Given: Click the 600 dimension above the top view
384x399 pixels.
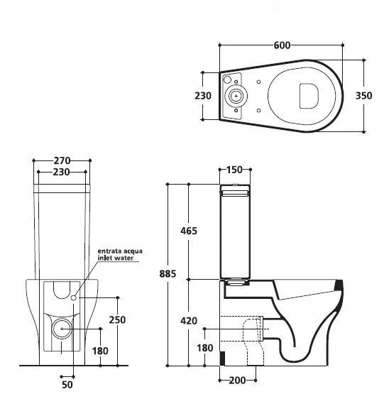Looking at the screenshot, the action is coord(282,45).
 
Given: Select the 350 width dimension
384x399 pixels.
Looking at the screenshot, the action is coord(363,96).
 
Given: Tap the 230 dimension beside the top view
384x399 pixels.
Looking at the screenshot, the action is coord(203,96).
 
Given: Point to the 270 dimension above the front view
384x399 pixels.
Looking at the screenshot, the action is coord(62,160).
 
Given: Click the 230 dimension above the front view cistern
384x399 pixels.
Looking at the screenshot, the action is coord(61,173).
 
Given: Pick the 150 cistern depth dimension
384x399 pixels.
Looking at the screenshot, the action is coord(234,170).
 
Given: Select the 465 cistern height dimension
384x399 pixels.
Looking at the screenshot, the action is coord(189,231).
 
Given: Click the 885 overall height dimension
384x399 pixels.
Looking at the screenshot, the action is coord(168,274).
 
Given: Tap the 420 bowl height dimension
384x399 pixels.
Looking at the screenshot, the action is coord(189,321).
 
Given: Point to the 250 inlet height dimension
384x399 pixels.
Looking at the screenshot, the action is coord(117,320).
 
